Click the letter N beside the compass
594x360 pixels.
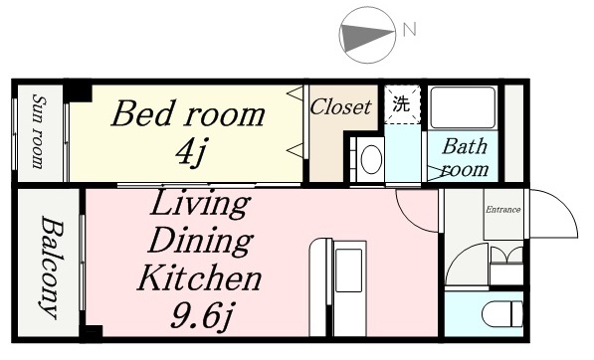(x=410, y=30)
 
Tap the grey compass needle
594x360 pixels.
(x=364, y=38)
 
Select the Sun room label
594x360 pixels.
(x=39, y=131)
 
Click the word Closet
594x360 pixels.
(x=340, y=107)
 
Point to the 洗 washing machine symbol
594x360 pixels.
(x=402, y=103)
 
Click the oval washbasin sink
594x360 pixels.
(x=371, y=159)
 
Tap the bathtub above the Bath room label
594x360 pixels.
(x=464, y=107)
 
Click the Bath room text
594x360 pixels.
(x=466, y=158)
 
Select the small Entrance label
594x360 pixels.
(x=503, y=210)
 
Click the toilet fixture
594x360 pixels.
(x=502, y=314)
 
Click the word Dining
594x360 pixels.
(x=200, y=242)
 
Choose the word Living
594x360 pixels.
(x=200, y=204)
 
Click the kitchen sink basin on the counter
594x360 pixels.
(x=349, y=270)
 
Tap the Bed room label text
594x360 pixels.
(x=188, y=113)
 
